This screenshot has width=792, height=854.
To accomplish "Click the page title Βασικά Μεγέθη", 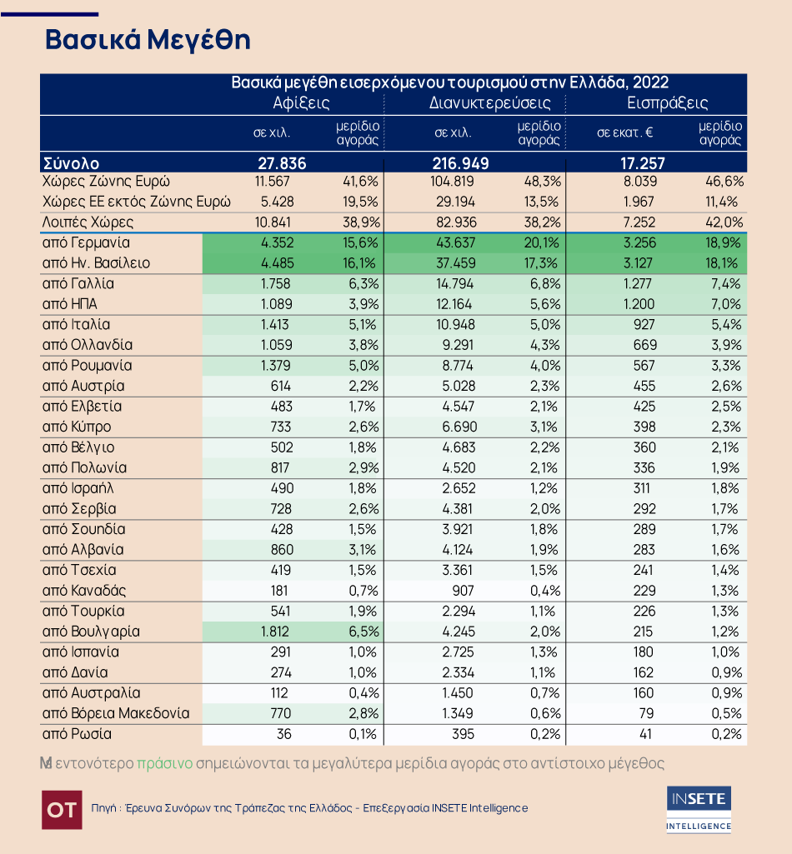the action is click(148, 40).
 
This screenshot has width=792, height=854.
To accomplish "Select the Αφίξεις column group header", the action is click(302, 103).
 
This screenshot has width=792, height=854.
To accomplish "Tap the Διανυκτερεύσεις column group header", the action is click(490, 103).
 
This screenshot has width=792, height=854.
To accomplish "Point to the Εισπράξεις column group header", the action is click(668, 103).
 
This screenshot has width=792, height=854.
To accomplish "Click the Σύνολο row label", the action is click(71, 163).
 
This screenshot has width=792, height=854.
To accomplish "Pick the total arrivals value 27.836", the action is click(282, 163).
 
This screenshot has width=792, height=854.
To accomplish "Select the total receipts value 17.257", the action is click(643, 163).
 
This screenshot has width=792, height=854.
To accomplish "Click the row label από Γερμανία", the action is click(86, 243).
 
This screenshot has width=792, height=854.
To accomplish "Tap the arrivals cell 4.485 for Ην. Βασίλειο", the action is click(278, 263).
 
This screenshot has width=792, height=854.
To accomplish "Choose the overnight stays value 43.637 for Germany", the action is click(457, 243).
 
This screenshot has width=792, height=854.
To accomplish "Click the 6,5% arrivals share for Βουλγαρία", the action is click(363, 632).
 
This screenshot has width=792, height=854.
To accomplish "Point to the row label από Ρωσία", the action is click(77, 734).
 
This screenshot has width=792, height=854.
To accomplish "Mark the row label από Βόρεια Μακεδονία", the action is click(116, 713).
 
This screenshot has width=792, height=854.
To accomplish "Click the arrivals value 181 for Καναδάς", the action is click(279, 591).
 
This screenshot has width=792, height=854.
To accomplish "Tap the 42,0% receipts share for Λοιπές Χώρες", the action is click(725, 222).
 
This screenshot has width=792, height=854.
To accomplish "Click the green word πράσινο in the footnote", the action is click(164, 763).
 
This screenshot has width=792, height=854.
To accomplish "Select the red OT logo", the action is click(63, 810).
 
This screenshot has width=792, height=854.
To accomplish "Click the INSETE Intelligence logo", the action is click(699, 809).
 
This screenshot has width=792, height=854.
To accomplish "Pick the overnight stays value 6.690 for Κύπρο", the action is click(459, 427).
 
